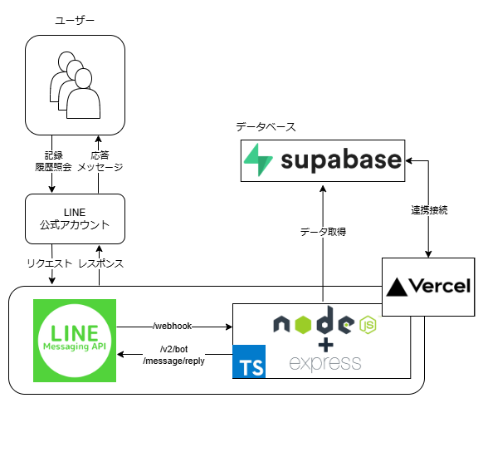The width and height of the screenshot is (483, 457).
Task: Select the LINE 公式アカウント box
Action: tap(75, 219)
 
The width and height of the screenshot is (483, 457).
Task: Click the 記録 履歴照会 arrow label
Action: tap(53, 161)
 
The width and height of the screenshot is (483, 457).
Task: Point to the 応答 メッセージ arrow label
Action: tap(100, 161)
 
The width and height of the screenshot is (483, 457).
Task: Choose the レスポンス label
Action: tap(100, 264)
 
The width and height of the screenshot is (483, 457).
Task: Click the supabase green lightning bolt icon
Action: tap(260, 160)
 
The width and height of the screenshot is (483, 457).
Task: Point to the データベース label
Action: tap(265, 127)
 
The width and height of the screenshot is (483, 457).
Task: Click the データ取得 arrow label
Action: tap(322, 232)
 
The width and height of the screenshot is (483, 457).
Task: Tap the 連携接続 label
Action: tap(429, 210)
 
